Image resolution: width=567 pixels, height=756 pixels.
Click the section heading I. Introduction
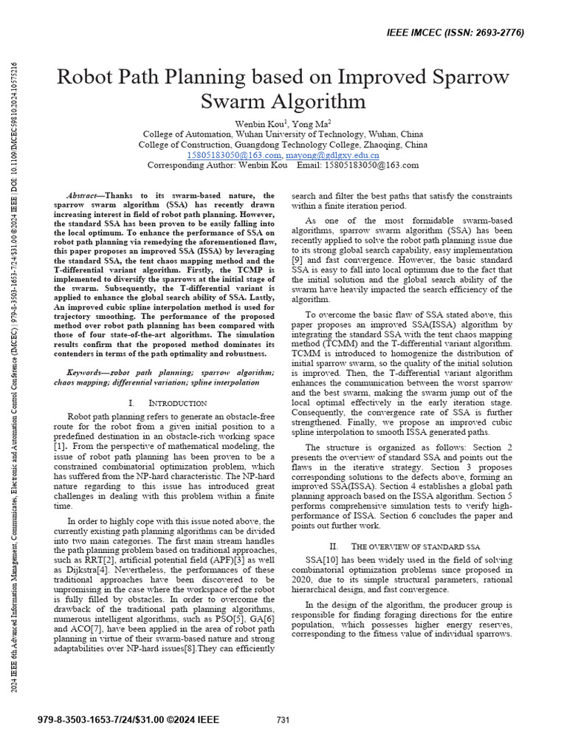tap(167, 403)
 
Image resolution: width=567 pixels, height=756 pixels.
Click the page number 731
tap(283, 720)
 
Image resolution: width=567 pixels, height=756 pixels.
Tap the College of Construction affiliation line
tap(283, 145)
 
